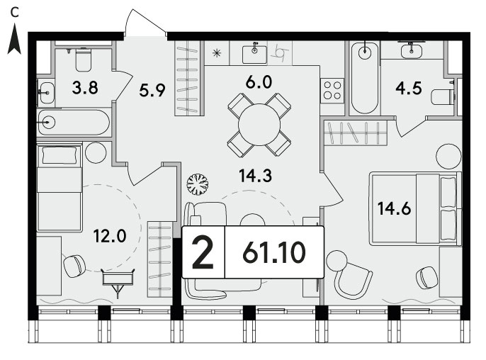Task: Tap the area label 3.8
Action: click(85, 88)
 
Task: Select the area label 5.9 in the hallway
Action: click(152, 91)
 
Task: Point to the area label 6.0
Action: click(259, 82)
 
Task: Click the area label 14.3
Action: click(255, 176)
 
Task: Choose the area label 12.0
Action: click(110, 236)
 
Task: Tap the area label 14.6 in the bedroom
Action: click(394, 208)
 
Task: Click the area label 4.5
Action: click(409, 89)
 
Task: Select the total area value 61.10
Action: click(274, 252)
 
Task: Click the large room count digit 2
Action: click(203, 252)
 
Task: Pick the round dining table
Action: click(259, 125)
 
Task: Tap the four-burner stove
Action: click(332, 90)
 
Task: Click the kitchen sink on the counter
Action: click(254, 53)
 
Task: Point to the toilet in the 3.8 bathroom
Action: click(83, 60)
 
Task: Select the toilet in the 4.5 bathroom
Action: click(443, 97)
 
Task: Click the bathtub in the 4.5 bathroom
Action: click(365, 79)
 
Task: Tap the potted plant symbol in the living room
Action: click(198, 184)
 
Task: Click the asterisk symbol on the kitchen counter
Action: click(217, 53)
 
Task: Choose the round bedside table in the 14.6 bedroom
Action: click(449, 157)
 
